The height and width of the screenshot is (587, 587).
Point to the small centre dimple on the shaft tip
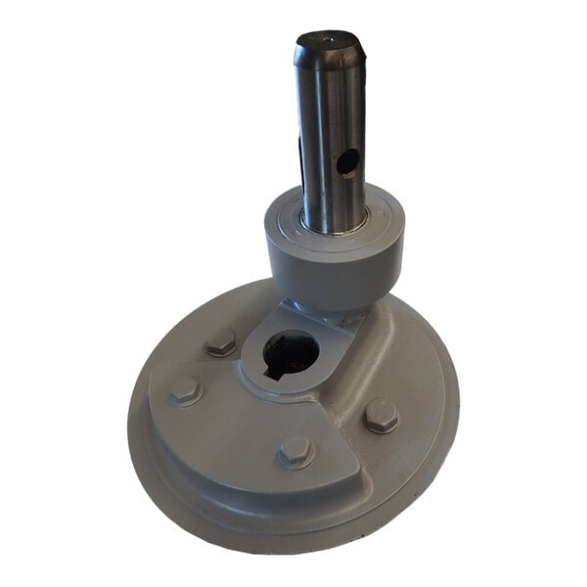click(329, 40)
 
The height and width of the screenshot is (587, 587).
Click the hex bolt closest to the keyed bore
click(222, 342)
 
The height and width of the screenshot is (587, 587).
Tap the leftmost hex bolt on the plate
click(185, 391)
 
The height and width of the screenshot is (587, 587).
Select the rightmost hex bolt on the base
click(381, 415)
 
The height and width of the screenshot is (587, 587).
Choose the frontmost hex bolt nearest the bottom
click(295, 451)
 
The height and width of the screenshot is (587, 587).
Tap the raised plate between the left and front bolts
click(235, 430)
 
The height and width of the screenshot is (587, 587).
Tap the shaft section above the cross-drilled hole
click(333, 108)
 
